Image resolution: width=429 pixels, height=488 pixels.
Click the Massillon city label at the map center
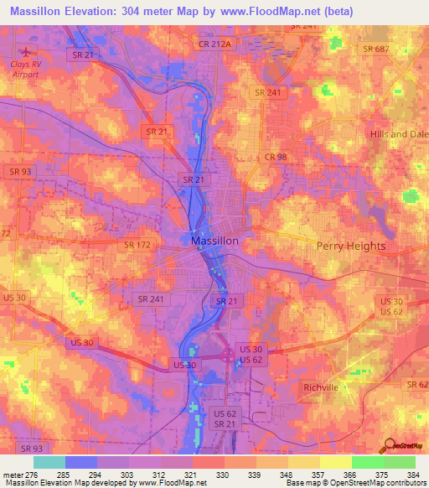(x=214, y=241)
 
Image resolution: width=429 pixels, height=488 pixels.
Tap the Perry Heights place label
(x=351, y=247)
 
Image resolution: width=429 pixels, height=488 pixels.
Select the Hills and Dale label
(x=399, y=134)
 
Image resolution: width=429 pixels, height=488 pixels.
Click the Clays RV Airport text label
(x=24, y=69)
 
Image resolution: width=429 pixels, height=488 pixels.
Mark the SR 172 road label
(x=137, y=244)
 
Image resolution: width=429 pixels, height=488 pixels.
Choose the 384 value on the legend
(x=411, y=474)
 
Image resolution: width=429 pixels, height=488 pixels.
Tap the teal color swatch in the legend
(x=49, y=462)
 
